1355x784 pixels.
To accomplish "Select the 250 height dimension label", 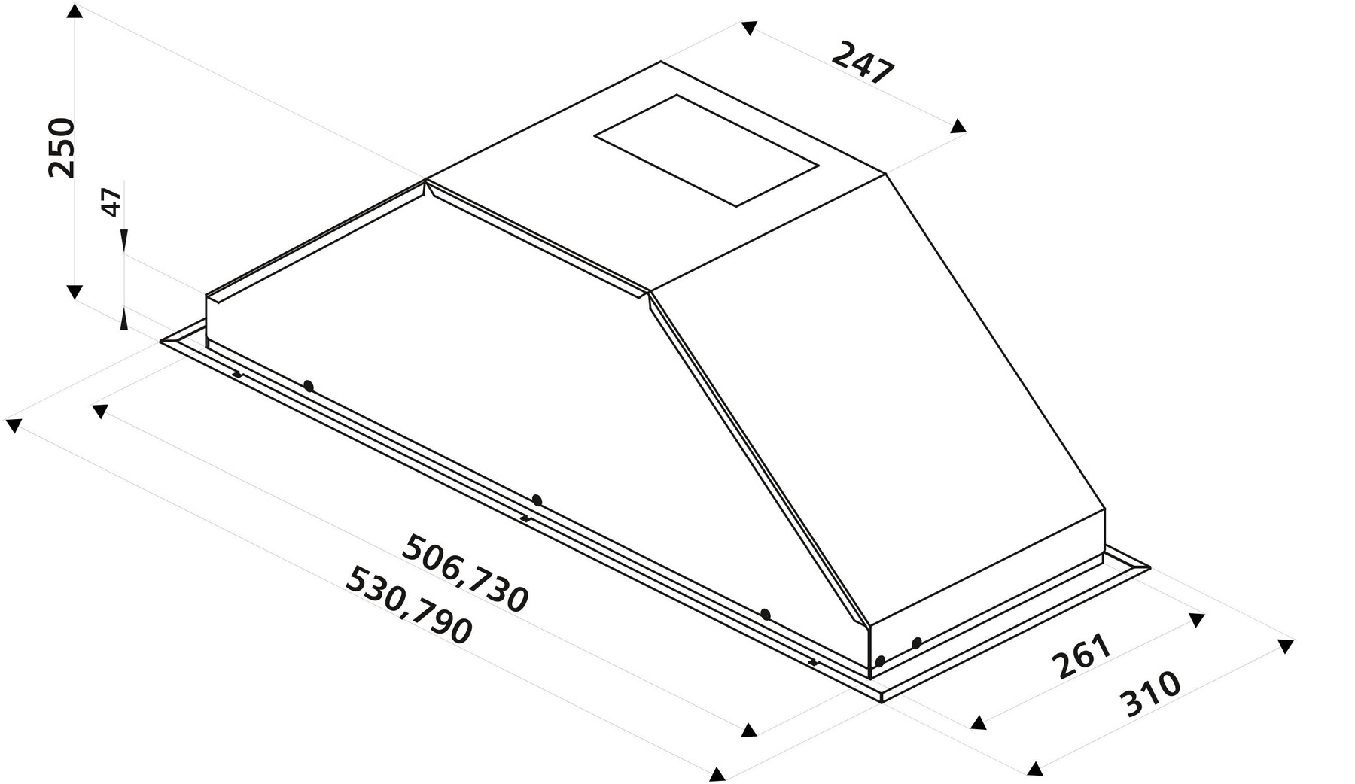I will [62, 147].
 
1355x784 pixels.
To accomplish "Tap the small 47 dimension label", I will [111, 202].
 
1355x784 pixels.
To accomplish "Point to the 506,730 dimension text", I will [466, 573].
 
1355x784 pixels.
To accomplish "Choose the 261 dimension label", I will [1081, 656].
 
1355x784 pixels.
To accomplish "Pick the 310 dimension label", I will [1150, 693].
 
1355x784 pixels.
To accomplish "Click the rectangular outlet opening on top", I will [705, 150].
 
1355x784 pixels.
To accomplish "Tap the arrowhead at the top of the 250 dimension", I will [74, 11].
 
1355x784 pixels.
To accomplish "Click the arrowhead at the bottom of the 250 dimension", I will [74, 292].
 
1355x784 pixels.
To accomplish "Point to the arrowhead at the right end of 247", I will [958, 126].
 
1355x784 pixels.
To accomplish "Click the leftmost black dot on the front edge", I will [308, 386].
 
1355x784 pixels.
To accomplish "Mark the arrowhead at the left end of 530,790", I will [13, 426].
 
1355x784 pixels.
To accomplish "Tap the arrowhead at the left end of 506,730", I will [99, 411].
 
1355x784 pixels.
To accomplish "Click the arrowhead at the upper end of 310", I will [1286, 646].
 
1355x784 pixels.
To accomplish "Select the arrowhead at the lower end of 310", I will [1036, 768].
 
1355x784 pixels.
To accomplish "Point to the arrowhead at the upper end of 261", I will [1196, 620].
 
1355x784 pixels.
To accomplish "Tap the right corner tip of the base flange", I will [1149, 566].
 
